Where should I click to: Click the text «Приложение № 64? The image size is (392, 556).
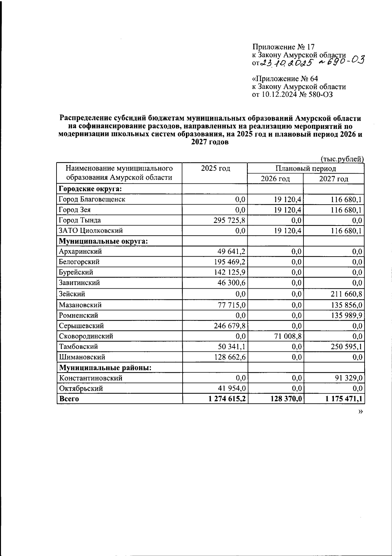tap(285, 79)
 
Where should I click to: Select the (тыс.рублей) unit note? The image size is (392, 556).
tap(342, 159)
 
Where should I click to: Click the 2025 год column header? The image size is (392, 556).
tap(215, 168)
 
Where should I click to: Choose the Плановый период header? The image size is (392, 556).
tap(305, 168)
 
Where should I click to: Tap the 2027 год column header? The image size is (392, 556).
tap(333, 179)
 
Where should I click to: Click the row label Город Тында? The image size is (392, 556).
tap(80, 220)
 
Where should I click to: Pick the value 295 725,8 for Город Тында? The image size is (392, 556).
tap(229, 220)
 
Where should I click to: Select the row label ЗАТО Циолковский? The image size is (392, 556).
tap(91, 231)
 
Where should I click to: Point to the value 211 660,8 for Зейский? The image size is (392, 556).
tap(346, 294)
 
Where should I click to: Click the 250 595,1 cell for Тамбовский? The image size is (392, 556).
tap(346, 346)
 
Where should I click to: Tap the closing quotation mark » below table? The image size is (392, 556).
tap(360, 412)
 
